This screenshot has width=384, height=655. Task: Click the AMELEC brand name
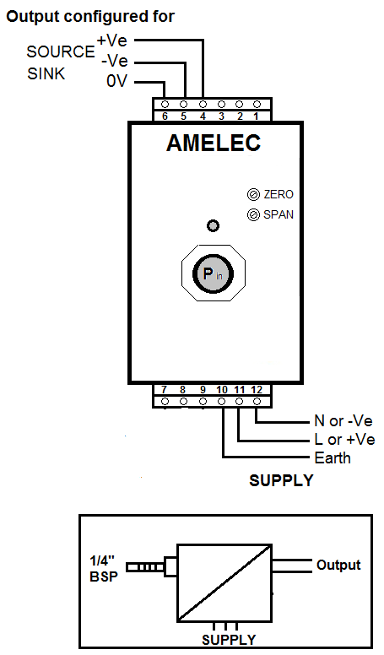pyautogui.click(x=214, y=143)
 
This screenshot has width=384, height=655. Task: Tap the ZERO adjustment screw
pyautogui.click(x=254, y=195)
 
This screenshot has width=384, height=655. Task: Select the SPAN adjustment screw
pyautogui.click(x=253, y=214)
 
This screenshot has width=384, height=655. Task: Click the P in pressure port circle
pyautogui.click(x=214, y=273)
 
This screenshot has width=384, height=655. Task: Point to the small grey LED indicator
pyautogui.click(x=214, y=225)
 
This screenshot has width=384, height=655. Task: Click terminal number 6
pyautogui.click(x=165, y=116)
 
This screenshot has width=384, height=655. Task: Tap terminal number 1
pyautogui.click(x=256, y=116)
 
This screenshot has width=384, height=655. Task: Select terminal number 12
pyautogui.click(x=257, y=390)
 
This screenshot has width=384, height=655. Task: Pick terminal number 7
pyautogui.click(x=165, y=390)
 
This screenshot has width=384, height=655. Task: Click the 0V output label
pyautogui.click(x=116, y=81)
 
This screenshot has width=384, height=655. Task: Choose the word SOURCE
pyautogui.click(x=61, y=51)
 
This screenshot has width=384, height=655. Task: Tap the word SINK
pyautogui.click(x=46, y=73)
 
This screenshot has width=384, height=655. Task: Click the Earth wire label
pyautogui.click(x=333, y=457)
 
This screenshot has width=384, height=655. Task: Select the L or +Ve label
pyautogui.click(x=344, y=440)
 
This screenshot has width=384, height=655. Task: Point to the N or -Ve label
pyautogui.click(x=343, y=420)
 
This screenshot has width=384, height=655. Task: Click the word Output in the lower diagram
pyautogui.click(x=338, y=565)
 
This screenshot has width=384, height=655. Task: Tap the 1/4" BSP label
pyautogui.click(x=104, y=569)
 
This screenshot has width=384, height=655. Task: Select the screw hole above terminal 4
pyautogui.click(x=203, y=104)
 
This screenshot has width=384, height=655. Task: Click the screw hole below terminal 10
pyautogui.click(x=222, y=402)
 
